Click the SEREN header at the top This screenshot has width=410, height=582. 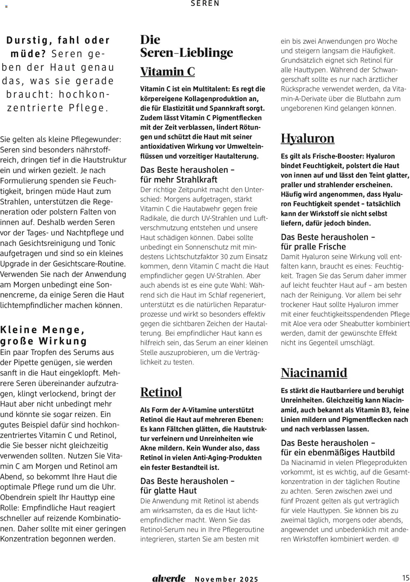tap(205, 3)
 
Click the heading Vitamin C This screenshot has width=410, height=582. tap(167, 72)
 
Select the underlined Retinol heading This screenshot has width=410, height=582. tap(161, 392)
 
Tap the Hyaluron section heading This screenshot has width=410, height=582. tap(307, 138)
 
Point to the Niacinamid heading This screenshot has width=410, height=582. tap(314, 373)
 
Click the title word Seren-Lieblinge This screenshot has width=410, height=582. tap(186, 52)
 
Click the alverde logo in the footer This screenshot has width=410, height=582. tap(169, 578)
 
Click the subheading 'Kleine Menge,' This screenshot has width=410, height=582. tap(42, 330)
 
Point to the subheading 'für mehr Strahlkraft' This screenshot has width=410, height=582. tap(179, 180)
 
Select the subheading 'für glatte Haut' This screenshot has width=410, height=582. tap(168, 491)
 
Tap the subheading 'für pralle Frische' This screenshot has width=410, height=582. tap(313, 247)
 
